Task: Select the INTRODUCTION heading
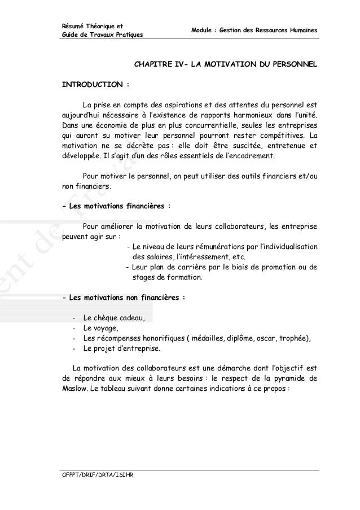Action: pyautogui.click(x=93, y=85)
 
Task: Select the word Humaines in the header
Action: pyautogui.click(x=303, y=29)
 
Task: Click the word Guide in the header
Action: pyautogui.click(x=71, y=36)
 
